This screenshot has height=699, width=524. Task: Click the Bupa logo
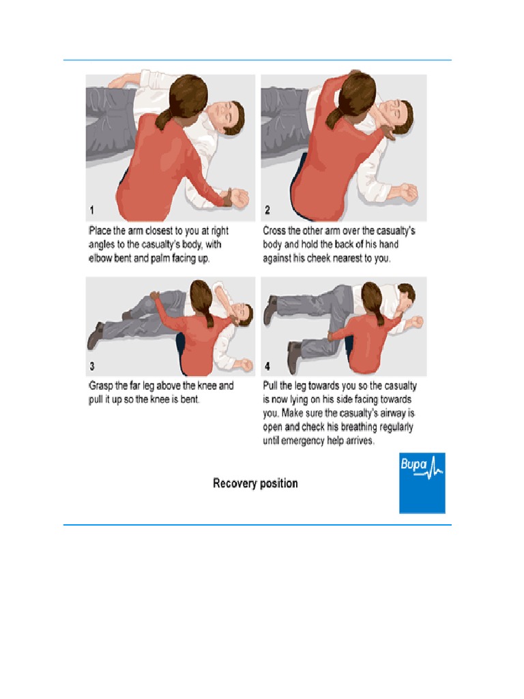422,483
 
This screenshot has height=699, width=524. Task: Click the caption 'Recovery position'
255,483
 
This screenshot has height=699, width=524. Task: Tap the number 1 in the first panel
92,210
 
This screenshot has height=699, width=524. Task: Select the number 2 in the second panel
267,210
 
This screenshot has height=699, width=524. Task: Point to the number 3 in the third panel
92,366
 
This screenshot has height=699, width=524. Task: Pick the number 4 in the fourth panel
267,366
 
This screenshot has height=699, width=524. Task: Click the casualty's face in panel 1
225,114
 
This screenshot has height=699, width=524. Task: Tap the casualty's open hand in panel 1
239,199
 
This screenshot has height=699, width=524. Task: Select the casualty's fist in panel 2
408,192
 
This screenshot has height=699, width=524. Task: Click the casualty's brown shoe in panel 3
95,334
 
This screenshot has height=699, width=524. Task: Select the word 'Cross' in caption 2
274,231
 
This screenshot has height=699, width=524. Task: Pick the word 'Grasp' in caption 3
101,386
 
